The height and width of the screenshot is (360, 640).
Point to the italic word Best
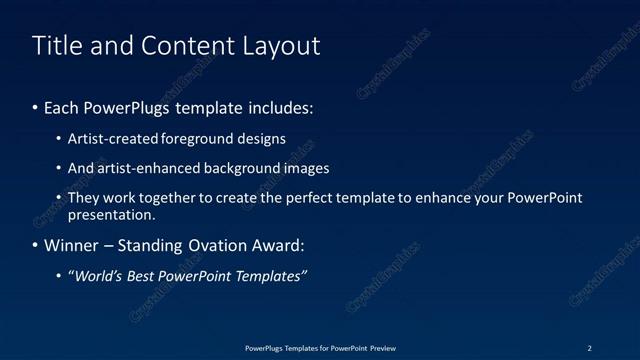tap(146, 276)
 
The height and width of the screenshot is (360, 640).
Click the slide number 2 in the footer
tap(589, 348)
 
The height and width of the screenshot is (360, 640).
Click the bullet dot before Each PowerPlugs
tap(36, 107)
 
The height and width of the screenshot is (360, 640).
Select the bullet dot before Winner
tap(36, 246)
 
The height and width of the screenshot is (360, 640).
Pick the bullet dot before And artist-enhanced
tap(59, 169)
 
